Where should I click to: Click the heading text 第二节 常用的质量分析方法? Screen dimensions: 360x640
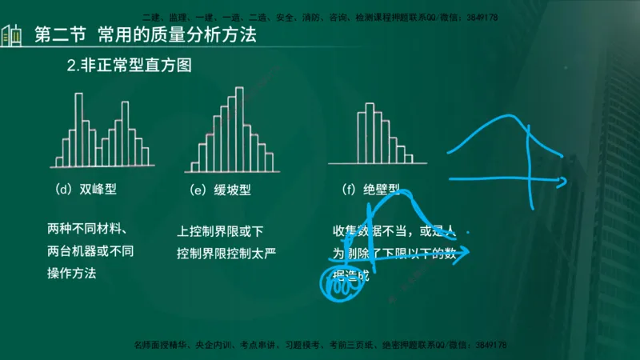tap(148, 36)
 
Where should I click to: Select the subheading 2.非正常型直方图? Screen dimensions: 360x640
tap(130, 66)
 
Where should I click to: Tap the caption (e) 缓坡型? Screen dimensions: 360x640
tap(221, 190)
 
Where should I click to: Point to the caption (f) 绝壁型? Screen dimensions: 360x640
tap(370, 190)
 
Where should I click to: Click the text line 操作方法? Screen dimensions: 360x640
tap(72, 273)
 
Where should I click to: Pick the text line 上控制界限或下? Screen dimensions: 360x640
tap(220, 232)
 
